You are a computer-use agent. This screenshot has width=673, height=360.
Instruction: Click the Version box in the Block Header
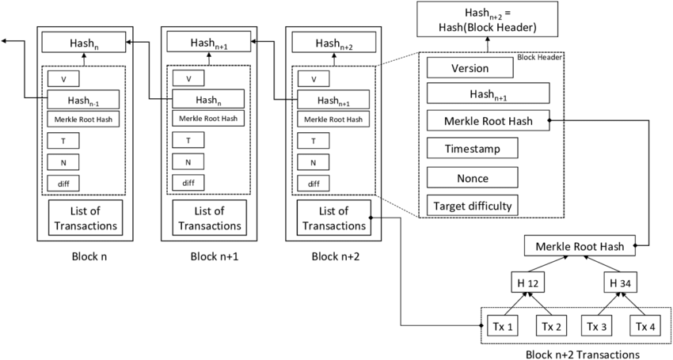[470, 68]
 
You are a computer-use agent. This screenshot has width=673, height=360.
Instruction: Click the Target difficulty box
[472, 207]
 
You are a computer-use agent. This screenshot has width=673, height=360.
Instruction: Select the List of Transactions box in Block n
[86, 218]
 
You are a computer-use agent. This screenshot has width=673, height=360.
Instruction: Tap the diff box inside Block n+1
[188, 183]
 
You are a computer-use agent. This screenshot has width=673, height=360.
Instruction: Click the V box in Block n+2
[314, 78]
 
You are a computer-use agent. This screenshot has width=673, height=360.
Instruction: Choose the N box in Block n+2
[314, 162]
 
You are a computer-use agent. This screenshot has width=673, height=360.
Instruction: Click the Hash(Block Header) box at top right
[488, 18]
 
